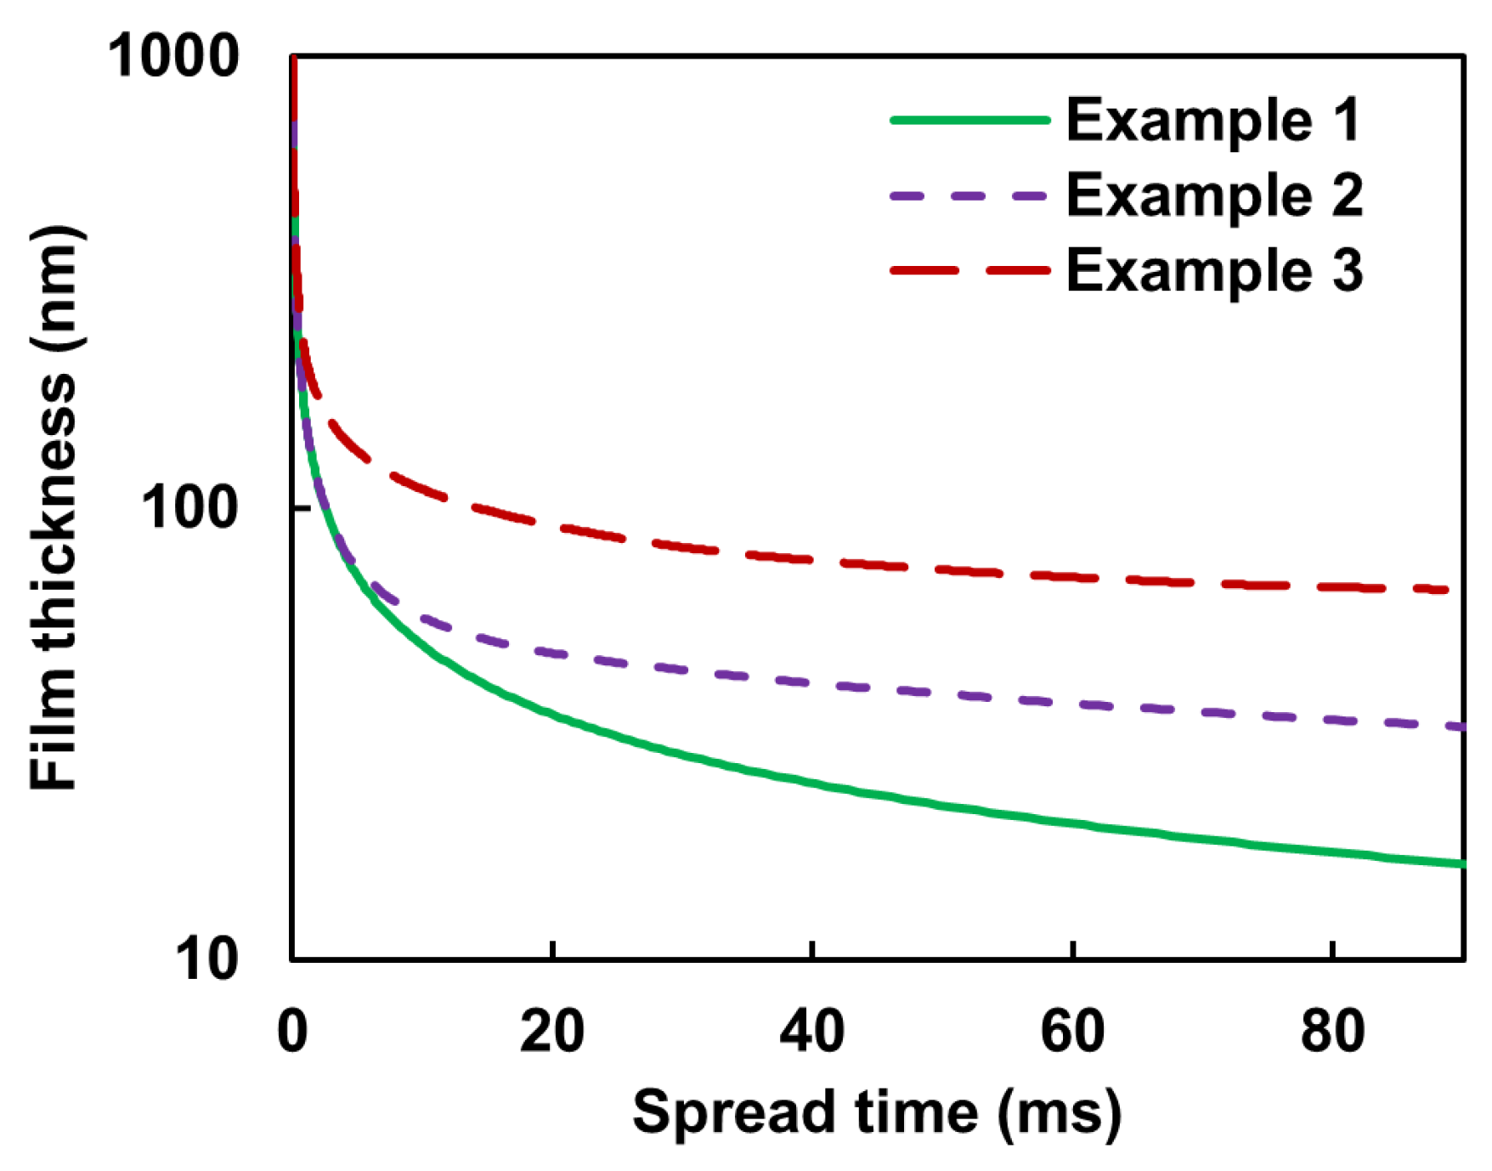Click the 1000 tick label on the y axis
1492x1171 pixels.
173,57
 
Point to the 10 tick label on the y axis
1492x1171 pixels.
206,959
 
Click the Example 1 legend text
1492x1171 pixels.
1213,120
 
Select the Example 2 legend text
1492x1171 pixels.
1215,195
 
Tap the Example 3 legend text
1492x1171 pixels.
1215,270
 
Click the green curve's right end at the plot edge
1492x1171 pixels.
1461,863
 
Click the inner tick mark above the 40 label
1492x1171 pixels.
812,950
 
